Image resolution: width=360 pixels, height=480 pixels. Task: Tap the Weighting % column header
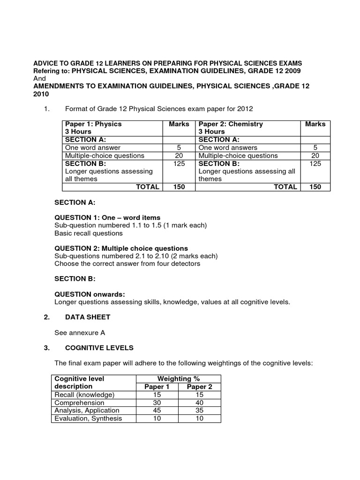pyautogui.click(x=178, y=378)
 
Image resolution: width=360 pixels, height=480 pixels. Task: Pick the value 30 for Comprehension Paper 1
pyautogui.click(x=157, y=403)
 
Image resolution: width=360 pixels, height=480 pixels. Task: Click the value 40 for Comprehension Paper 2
pyautogui.click(x=199, y=403)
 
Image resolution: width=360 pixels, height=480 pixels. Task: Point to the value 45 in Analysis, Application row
pyautogui.click(x=157, y=411)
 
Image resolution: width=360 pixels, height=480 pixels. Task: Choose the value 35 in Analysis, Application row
pyautogui.click(x=199, y=411)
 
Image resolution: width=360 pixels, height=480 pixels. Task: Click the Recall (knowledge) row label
pyautogui.click(x=84, y=395)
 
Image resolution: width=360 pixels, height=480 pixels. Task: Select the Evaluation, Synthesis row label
pyautogui.click(x=88, y=419)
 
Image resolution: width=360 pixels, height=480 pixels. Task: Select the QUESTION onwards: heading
pyautogui.click(x=90, y=294)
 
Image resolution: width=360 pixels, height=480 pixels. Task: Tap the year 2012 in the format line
pyautogui.click(x=245, y=109)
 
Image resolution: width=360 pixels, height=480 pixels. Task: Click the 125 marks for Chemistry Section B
pyautogui.click(x=315, y=164)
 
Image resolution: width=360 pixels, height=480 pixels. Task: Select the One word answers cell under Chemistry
pyautogui.click(x=228, y=148)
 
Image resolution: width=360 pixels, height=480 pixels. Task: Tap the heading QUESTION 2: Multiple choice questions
pyautogui.click(x=121, y=248)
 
